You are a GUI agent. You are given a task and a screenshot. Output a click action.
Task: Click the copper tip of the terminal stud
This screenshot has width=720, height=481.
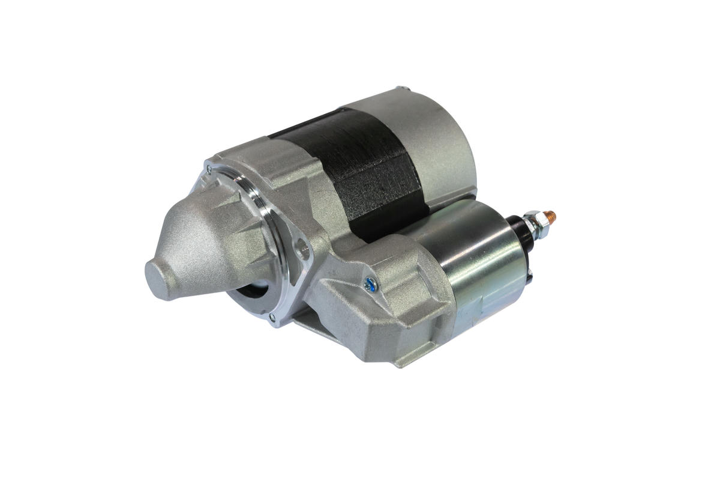(553, 214)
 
